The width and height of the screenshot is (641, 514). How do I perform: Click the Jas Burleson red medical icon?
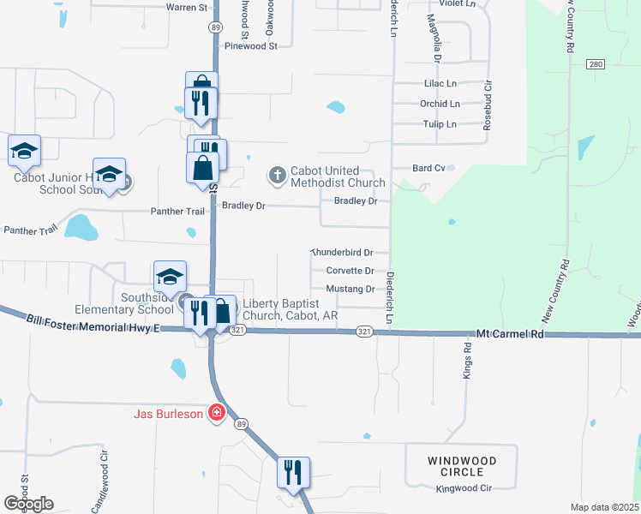217,414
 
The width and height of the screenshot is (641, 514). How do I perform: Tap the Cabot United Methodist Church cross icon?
277,176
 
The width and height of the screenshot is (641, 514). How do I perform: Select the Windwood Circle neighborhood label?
461,466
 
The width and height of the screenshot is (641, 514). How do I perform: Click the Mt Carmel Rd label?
510,333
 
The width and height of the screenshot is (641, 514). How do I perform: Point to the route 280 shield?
596,65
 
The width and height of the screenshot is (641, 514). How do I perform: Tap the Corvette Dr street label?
350,271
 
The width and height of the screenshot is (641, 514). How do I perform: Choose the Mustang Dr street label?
350,290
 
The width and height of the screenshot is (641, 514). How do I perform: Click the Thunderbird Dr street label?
343,253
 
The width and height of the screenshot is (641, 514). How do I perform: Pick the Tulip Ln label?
440,124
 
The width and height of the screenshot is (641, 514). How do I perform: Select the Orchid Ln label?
440,104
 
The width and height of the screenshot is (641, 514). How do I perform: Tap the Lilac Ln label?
440,84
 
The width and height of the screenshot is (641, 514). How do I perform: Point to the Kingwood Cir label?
463,488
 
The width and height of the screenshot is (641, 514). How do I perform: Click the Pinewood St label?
251,46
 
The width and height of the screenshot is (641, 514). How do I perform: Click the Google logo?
28,504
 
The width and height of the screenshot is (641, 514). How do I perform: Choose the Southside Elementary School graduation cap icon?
170,278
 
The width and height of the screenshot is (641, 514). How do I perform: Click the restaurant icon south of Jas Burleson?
293,472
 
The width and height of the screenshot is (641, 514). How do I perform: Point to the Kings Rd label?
468,361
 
